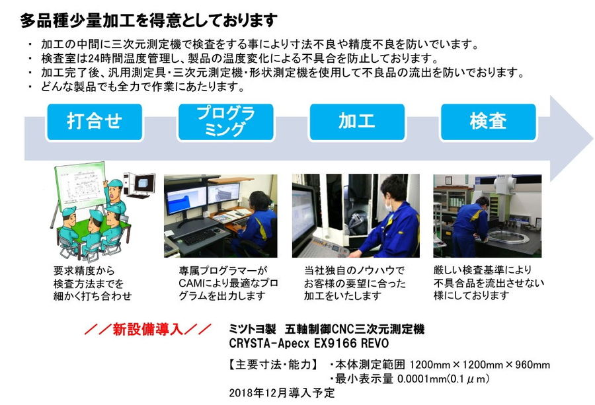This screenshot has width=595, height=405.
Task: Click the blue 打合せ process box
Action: [95, 122]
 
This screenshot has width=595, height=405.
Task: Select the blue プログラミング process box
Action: [226, 122]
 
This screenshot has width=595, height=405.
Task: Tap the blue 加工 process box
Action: [357, 122]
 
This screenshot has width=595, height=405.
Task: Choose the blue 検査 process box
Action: [489, 122]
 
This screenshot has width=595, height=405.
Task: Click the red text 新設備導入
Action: [148, 329]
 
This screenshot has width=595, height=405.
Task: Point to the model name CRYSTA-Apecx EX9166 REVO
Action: [309, 344]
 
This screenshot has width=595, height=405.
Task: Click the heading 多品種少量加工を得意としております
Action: [148, 20]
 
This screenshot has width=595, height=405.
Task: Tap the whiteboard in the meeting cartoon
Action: [81, 186]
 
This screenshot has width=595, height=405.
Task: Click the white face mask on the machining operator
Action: [389, 205]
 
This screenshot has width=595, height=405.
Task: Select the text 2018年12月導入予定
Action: [282, 393]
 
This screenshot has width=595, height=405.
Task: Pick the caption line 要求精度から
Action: [84, 271]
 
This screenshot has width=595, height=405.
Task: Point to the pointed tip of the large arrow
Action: [593, 138]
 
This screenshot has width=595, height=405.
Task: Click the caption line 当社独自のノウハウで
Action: [354, 271]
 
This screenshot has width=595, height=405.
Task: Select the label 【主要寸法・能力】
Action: [273, 365]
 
